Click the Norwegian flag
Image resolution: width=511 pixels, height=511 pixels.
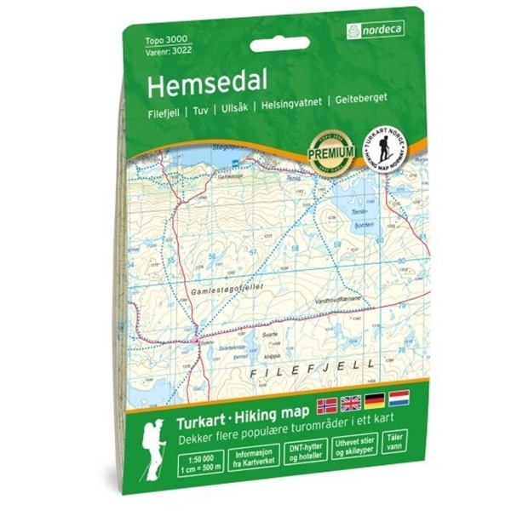point(326,403)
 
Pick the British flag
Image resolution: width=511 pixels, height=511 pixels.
point(350,402)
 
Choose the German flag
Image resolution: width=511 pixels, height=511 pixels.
point(375,400)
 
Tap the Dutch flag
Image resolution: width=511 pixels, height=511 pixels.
point(399,399)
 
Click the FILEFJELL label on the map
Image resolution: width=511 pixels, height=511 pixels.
point(297,371)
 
